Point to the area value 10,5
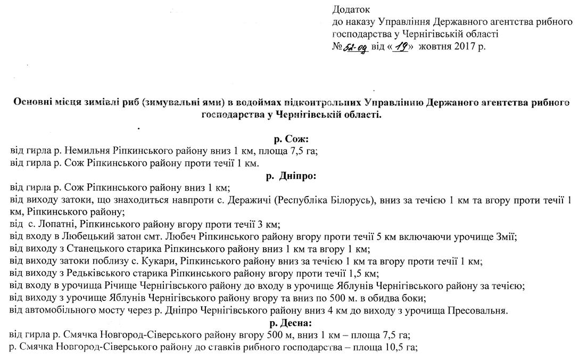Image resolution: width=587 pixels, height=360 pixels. click(392, 348)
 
